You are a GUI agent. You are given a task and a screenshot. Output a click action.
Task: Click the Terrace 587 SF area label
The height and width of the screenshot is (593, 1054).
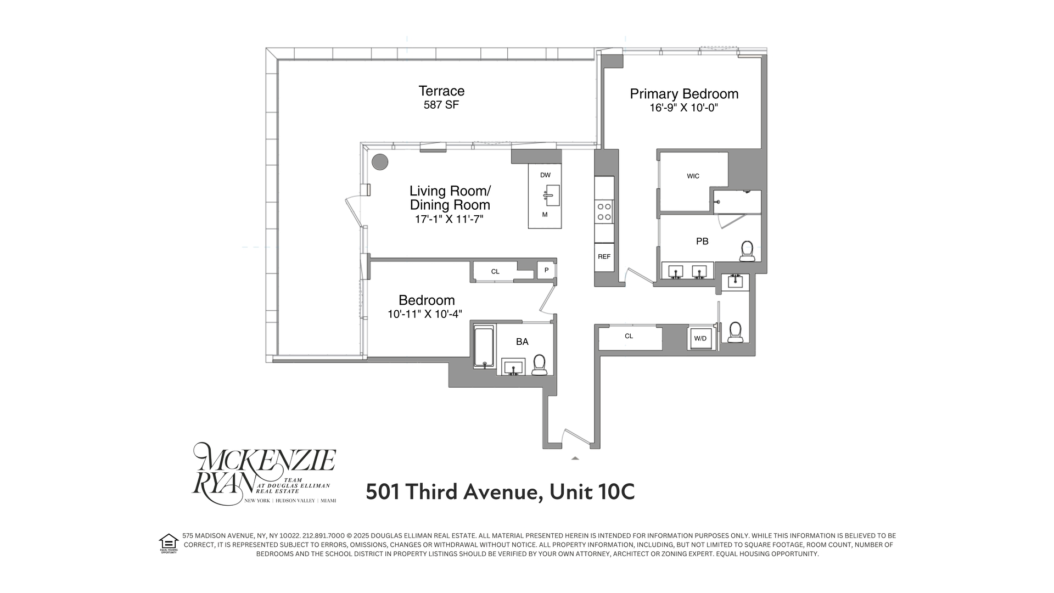441,97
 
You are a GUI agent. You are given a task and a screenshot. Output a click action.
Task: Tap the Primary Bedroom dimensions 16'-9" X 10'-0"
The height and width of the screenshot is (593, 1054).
684,108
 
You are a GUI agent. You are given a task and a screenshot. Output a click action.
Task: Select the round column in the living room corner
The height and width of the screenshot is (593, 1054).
380,162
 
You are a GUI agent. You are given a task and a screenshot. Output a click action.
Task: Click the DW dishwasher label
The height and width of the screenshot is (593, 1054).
545,175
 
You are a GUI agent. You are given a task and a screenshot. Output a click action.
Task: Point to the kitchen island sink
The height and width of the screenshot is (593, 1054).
551,195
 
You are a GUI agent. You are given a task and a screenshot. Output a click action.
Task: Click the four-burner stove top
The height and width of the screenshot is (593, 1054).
604,212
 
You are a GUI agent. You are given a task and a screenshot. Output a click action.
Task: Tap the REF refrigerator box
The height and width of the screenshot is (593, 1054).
604,256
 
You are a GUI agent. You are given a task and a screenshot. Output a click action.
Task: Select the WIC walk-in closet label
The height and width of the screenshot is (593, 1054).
693,176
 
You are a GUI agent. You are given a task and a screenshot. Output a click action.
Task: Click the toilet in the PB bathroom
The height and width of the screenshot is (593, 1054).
747,251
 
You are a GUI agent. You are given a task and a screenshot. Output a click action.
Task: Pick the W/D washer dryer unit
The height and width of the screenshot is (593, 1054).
700,338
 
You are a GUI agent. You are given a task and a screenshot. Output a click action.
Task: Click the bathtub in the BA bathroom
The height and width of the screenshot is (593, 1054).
484,348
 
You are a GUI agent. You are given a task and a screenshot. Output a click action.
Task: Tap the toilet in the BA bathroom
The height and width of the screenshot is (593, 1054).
539,365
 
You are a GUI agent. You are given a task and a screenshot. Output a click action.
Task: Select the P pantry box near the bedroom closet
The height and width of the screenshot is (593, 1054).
546,270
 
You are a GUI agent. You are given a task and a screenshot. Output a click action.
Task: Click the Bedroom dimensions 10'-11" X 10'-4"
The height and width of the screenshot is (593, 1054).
425,315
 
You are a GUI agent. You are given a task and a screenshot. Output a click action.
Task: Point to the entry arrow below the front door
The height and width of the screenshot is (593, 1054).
575,457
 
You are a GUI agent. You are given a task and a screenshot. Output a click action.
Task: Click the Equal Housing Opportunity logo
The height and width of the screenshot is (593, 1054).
169,543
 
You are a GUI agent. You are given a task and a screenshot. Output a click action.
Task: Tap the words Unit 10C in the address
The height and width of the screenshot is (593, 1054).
592,492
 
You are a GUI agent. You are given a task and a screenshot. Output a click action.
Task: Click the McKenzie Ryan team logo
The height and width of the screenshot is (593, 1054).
263,474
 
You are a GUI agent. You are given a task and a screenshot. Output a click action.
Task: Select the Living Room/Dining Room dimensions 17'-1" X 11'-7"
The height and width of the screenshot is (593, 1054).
449,220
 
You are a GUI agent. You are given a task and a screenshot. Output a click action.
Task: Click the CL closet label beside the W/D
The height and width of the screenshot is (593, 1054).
629,336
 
